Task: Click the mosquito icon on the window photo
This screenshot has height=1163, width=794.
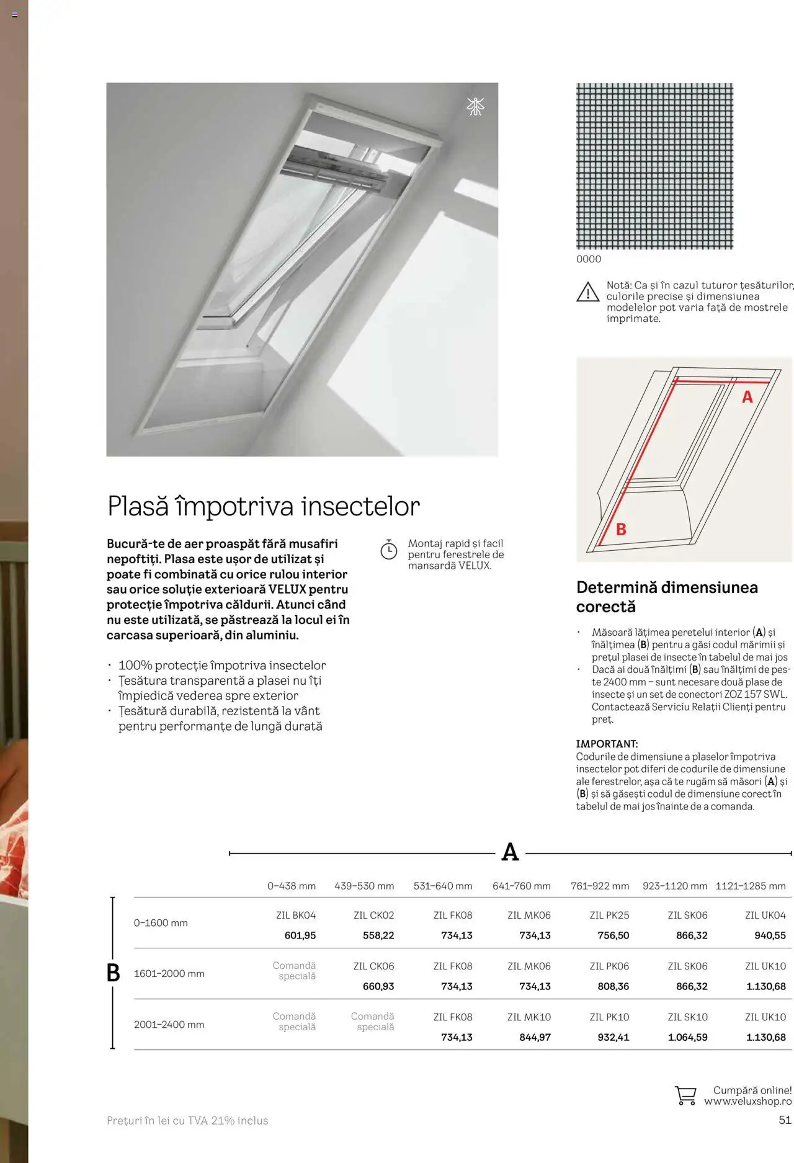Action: click(475, 107)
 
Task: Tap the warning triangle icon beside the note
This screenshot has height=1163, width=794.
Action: click(587, 292)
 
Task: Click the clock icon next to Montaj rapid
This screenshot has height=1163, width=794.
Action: click(389, 550)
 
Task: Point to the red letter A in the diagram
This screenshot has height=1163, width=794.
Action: click(747, 397)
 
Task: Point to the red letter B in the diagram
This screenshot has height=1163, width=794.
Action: click(621, 529)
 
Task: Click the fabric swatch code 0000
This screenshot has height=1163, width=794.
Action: click(589, 259)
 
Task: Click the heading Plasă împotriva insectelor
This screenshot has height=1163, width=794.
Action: click(264, 506)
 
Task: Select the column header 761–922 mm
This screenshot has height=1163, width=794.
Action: click(599, 886)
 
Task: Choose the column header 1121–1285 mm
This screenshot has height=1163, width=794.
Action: click(751, 886)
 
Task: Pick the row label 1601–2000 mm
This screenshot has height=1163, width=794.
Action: click(169, 973)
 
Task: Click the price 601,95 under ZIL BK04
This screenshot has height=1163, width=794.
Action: click(300, 935)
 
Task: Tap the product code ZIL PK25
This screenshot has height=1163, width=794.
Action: click(609, 915)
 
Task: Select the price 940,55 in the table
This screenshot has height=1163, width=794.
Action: click(770, 935)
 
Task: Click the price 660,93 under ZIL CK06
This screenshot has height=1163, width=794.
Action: click(378, 986)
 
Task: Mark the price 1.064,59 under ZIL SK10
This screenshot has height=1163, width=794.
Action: click(687, 1037)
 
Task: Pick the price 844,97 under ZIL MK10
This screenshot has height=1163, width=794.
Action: click(535, 1037)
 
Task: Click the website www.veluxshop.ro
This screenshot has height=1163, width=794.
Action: click(747, 1102)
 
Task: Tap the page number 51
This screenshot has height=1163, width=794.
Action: click(785, 1120)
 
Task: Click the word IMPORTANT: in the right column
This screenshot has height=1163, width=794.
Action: click(607, 744)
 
